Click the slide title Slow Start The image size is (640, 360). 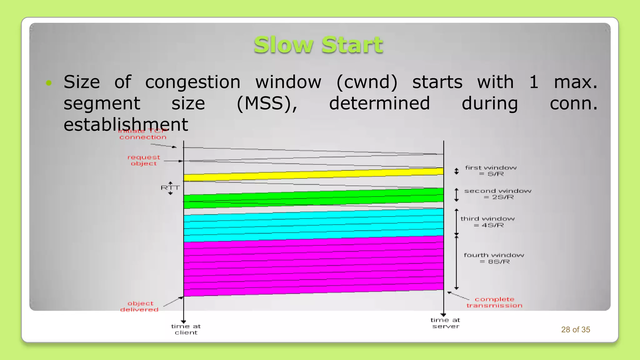coord(318,45)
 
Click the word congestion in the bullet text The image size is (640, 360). coord(192,82)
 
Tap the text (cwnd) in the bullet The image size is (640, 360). coord(367,82)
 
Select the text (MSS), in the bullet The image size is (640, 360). coord(267,103)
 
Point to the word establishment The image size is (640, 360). coord(126,124)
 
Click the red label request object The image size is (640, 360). coord(144,160)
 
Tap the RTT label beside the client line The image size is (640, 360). coord(170,188)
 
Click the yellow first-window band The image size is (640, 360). coord(312,175)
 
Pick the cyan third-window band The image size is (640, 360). coord(312,225)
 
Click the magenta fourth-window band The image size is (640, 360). coord(312,266)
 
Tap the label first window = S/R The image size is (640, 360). coord(491,171)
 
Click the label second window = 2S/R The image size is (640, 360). coord(497,194)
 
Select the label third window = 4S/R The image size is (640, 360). coord(487,222)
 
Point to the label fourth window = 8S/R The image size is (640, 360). coord(494,258)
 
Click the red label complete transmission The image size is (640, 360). coord(494,302)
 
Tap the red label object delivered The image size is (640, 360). coord(140,307)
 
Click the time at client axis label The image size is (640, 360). coord(186,329)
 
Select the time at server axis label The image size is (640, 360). coord(445,323)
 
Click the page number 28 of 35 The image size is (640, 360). coord(575,330)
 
